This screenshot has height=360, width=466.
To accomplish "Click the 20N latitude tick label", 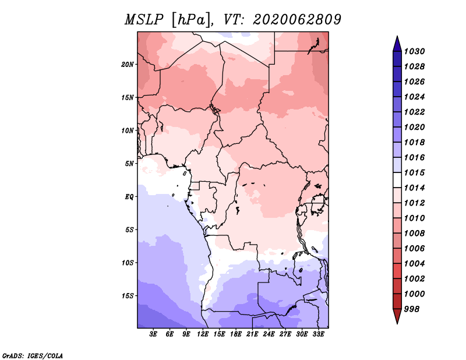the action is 128,65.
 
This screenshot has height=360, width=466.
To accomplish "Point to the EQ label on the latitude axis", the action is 129,197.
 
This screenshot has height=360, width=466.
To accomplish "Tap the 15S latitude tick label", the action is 128,296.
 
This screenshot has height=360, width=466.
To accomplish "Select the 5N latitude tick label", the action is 129,164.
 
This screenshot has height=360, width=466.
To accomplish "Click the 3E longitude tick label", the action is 153,334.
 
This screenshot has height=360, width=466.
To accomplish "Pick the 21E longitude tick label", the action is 252,334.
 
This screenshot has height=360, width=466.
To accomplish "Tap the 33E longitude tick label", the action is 318,334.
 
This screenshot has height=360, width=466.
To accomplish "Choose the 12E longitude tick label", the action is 203,334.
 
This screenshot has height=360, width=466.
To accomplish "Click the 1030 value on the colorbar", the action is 414,51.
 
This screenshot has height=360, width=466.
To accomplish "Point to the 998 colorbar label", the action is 412,309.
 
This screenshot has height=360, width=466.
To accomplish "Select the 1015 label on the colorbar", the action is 414,172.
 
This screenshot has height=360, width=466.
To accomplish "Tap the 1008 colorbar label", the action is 414,234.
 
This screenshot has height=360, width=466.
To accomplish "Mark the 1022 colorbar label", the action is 414,112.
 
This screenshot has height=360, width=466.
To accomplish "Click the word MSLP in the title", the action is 144,20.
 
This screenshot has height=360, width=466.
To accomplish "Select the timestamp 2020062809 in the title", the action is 297,20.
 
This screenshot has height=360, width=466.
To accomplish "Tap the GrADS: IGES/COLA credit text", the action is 33,355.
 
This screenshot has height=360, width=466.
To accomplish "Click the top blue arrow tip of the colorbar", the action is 397,36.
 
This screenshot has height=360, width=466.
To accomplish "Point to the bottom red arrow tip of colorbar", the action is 397,323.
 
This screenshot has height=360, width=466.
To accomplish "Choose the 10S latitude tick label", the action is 128,263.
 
